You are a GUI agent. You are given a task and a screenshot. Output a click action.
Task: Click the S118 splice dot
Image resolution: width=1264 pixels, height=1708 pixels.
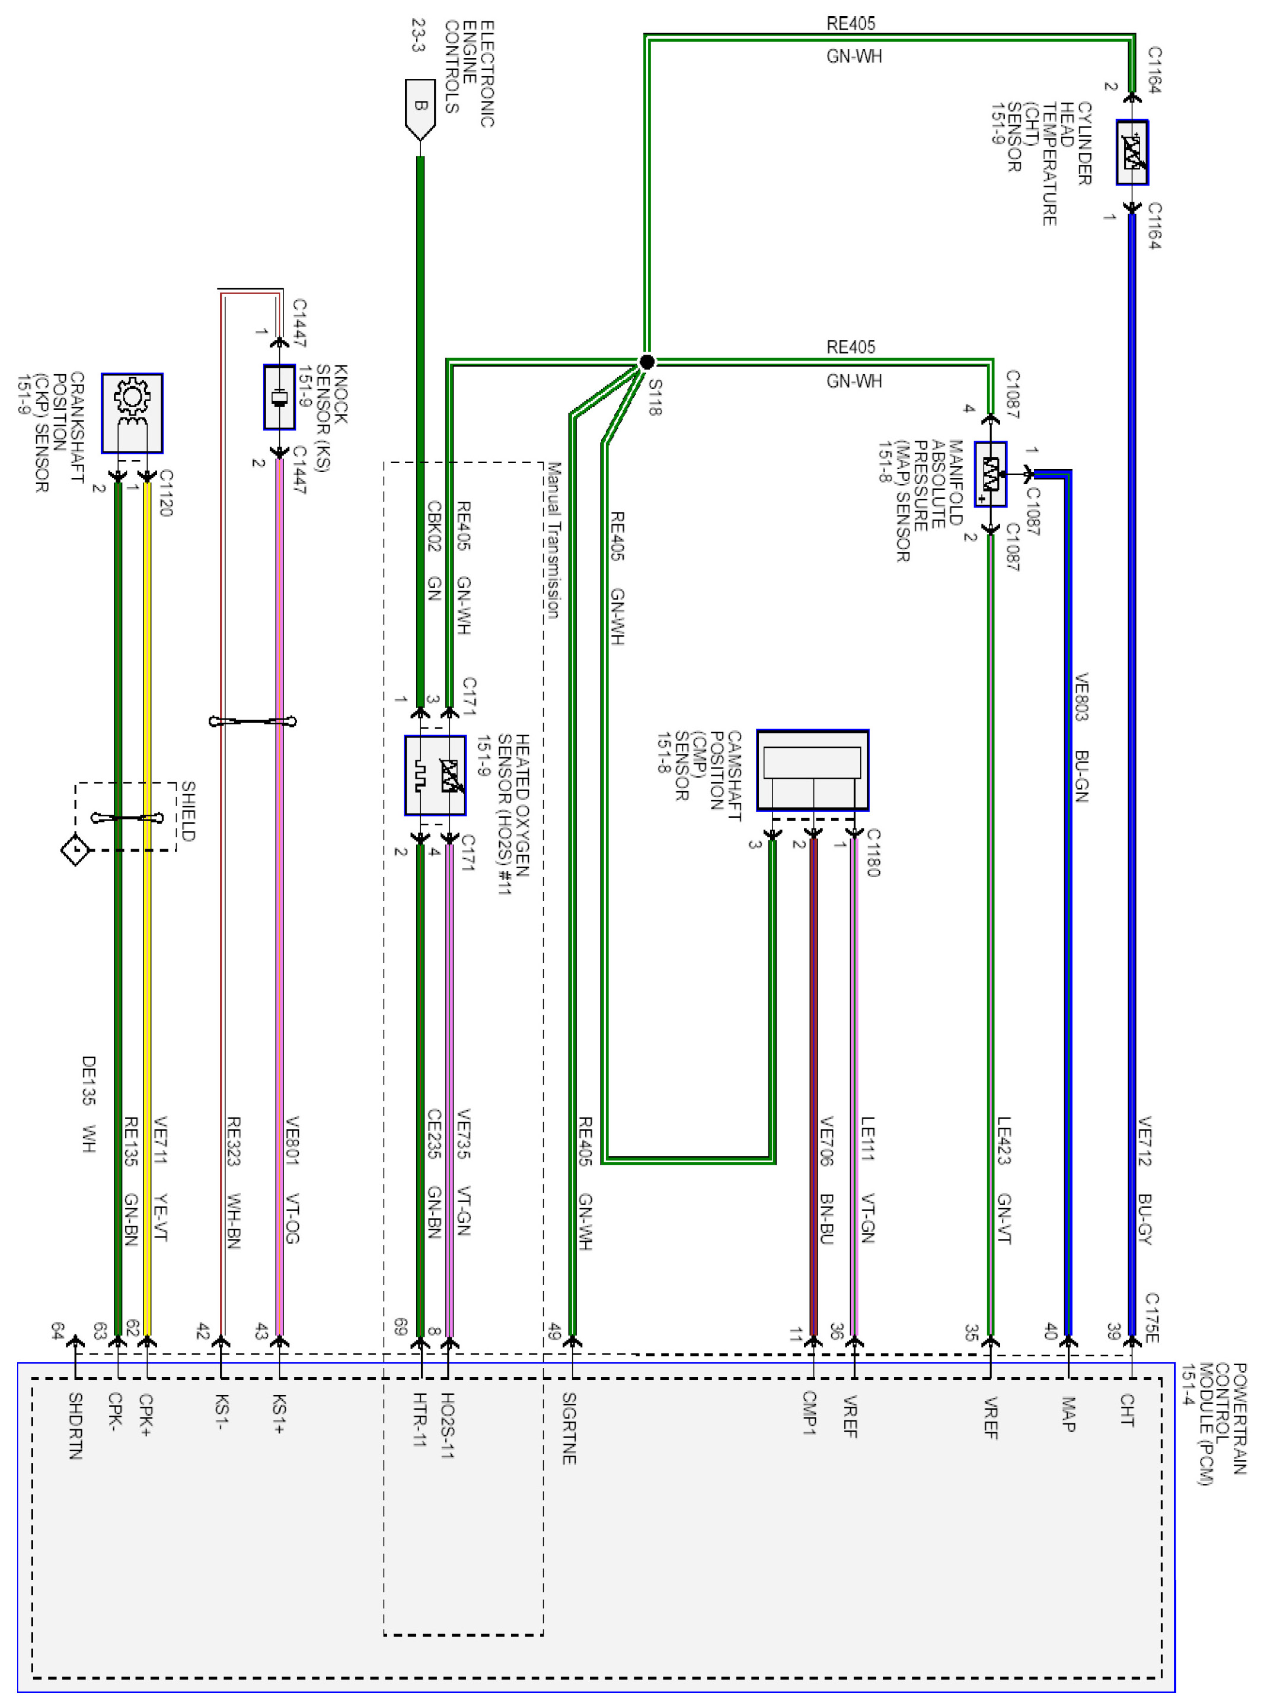[x=647, y=362]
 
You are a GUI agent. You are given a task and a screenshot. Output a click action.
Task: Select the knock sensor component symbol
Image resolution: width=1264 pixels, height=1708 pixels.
[x=279, y=396]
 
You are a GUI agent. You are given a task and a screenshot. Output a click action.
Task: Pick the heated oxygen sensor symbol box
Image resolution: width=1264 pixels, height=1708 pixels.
[x=435, y=775]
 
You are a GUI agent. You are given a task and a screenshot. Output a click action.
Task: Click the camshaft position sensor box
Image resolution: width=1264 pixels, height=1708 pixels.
[x=813, y=770]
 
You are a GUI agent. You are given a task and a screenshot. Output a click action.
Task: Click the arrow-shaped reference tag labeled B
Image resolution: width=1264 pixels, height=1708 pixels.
[x=419, y=108]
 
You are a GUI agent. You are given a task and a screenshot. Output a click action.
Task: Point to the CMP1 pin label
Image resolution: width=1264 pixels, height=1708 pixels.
[x=809, y=1413]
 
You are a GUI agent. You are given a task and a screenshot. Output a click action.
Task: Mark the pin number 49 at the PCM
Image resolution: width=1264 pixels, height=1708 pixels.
[x=554, y=1332]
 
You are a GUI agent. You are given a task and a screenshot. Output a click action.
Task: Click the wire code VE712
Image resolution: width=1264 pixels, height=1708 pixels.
[x=1145, y=1140]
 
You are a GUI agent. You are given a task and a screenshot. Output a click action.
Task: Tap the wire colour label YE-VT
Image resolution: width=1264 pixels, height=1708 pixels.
[x=161, y=1217]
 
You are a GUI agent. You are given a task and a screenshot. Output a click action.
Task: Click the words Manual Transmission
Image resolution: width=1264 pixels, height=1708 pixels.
[x=553, y=540]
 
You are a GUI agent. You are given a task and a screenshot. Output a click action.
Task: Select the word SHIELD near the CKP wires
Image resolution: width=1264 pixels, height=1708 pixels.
[x=187, y=811]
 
